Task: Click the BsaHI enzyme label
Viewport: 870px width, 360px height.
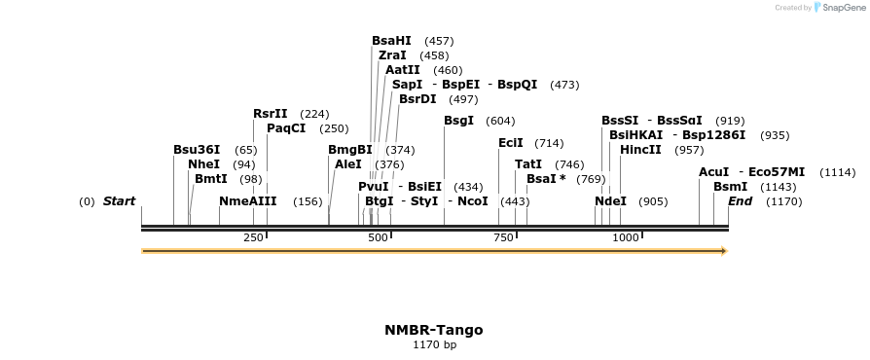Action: (x=391, y=41)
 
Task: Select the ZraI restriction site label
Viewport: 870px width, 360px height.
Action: (x=392, y=55)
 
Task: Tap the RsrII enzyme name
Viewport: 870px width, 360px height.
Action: (x=271, y=114)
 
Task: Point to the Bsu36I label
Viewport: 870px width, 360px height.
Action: (x=197, y=150)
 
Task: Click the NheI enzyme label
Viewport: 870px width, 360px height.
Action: (x=203, y=164)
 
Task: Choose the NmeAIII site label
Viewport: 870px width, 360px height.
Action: (x=248, y=201)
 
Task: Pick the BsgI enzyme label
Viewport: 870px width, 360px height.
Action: (x=458, y=121)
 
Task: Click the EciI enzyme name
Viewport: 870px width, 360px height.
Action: (x=511, y=143)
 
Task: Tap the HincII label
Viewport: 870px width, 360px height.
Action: (x=640, y=150)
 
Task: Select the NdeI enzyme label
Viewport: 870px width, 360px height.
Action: (x=610, y=201)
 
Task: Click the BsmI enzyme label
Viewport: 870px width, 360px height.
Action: (x=729, y=186)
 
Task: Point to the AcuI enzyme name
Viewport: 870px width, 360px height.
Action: (x=713, y=172)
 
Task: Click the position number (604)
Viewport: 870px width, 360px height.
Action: (x=500, y=122)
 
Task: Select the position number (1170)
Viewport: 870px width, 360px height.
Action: (x=783, y=202)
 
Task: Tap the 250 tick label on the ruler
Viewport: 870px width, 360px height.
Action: (x=253, y=237)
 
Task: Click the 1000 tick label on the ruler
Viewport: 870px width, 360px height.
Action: (x=625, y=237)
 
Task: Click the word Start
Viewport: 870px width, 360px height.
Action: (x=119, y=201)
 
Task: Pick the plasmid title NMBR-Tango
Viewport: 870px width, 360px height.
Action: (x=434, y=330)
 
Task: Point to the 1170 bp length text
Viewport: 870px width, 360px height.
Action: (x=434, y=344)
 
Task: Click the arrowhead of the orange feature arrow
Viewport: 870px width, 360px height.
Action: (x=723, y=251)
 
